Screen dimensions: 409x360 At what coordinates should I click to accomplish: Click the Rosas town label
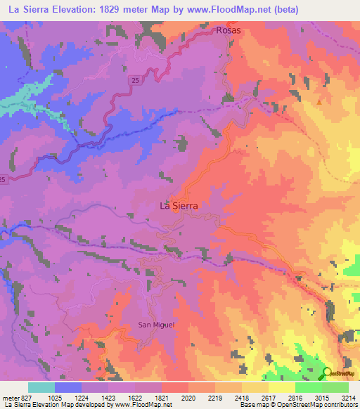tap(229, 31)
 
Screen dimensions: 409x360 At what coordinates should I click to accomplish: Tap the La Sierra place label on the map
tap(179, 206)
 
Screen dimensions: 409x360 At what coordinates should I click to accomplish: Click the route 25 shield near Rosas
tap(134, 82)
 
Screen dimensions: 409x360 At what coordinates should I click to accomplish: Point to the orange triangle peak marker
tap(320, 102)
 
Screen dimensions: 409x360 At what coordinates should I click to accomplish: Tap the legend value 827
tap(22, 397)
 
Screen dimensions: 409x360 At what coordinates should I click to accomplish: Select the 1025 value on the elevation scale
tap(55, 397)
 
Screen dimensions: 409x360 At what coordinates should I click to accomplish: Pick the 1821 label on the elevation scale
tap(162, 397)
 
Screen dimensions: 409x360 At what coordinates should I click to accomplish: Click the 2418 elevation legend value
tap(242, 397)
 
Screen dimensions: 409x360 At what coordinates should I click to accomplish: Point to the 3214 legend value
tap(349, 397)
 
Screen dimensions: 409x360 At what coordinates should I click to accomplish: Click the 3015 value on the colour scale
tap(322, 397)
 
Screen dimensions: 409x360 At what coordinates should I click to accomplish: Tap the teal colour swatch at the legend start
tap(41, 387)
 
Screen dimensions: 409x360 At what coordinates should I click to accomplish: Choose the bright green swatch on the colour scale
tap(308, 387)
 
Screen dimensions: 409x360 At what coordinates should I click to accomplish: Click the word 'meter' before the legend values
tap(8, 397)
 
